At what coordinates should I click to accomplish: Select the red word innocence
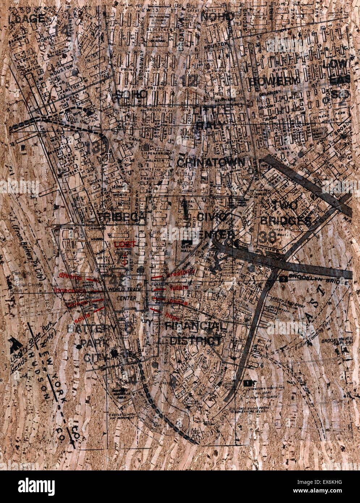pos(70,290)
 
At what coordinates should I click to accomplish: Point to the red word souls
pos(81,319)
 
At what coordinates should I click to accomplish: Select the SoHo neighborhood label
pos(133,94)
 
